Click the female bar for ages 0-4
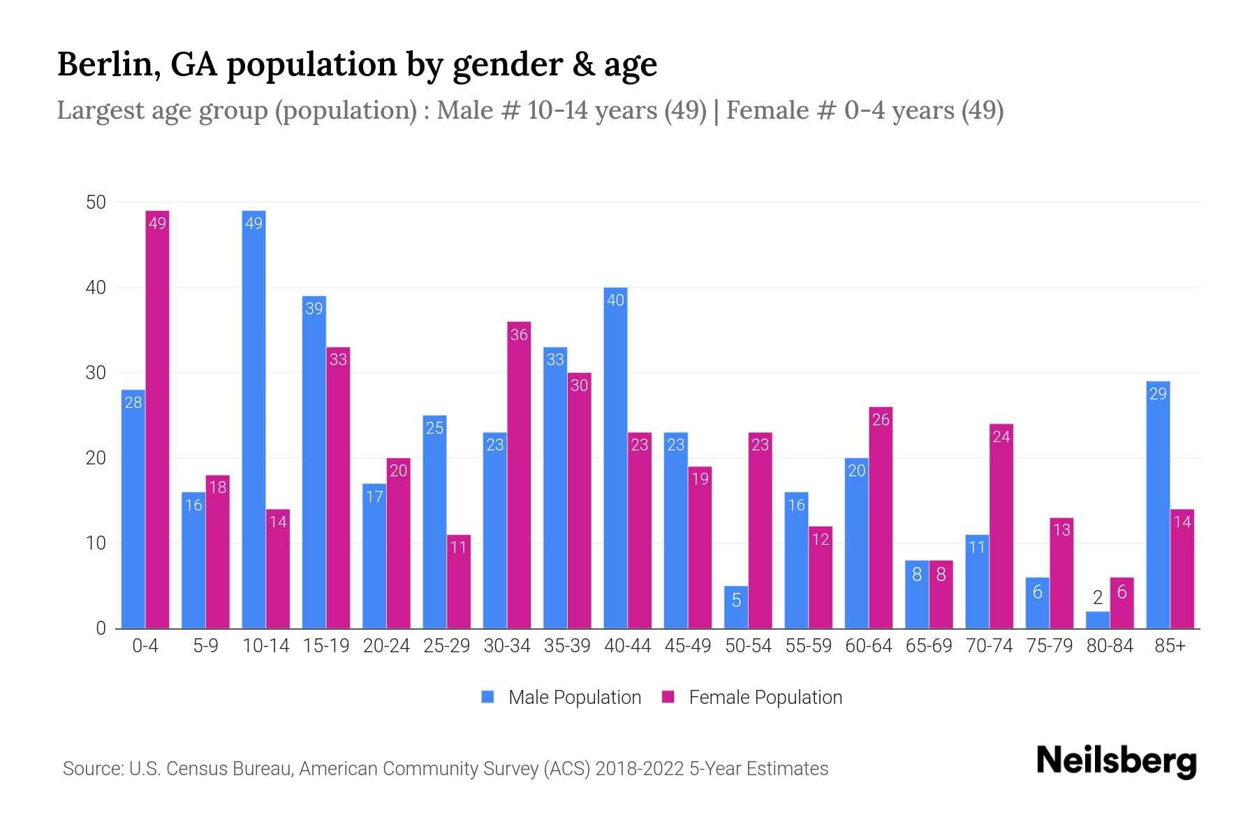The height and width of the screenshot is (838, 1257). (157, 419)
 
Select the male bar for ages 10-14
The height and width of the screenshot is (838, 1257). (253, 419)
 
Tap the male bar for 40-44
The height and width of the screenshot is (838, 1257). (615, 457)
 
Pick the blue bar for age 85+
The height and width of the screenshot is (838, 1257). (1158, 504)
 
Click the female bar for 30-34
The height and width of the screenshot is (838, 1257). (519, 475)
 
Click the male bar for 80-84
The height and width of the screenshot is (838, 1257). (1098, 620)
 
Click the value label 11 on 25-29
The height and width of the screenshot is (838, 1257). (458, 547)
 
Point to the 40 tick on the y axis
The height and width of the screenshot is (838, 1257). (96, 288)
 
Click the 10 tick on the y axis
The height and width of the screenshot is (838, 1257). (96, 543)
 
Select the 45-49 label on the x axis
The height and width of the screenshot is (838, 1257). (687, 646)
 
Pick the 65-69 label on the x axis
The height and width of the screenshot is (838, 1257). (929, 646)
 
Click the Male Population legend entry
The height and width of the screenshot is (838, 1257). (561, 698)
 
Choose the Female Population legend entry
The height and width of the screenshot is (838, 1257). (752, 698)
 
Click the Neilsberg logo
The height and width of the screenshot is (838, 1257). (1116, 761)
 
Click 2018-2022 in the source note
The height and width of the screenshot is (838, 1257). (639, 769)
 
